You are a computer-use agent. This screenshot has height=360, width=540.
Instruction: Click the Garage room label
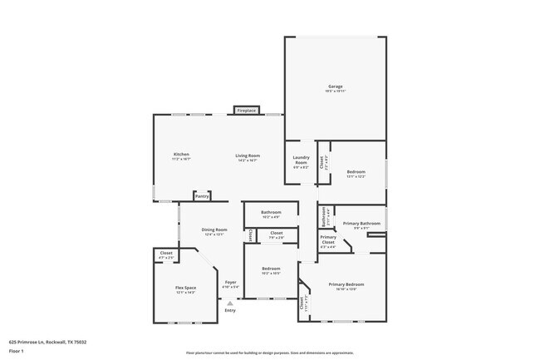pyautogui.click(x=335, y=86)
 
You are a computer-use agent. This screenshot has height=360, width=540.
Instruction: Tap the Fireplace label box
pyautogui.click(x=246, y=110)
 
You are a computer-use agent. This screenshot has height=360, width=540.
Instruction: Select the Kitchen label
pyautogui.click(x=181, y=155)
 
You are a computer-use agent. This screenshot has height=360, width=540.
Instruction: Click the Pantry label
pyautogui.click(x=202, y=196)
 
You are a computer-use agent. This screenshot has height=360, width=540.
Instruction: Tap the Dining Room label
pyautogui.click(x=214, y=232)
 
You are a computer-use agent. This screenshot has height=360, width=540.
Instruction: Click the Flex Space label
pyautogui.click(x=185, y=289)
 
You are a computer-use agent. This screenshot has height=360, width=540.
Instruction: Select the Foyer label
pyautogui.click(x=231, y=284)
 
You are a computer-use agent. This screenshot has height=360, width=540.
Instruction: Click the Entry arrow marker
pyautogui.click(x=230, y=303)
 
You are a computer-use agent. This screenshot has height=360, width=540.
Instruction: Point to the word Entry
pyautogui.click(x=230, y=310)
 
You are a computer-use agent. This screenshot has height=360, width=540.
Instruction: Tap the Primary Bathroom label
pyautogui.click(x=361, y=224)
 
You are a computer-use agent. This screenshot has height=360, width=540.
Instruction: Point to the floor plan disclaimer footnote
pyautogui.click(x=269, y=353)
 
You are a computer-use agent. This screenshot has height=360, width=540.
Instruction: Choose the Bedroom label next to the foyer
pyautogui.click(x=271, y=269)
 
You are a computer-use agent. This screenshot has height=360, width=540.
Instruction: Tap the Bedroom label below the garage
pyautogui.click(x=356, y=173)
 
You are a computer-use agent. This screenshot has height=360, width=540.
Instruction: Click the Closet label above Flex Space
pyautogui.click(x=166, y=254)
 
